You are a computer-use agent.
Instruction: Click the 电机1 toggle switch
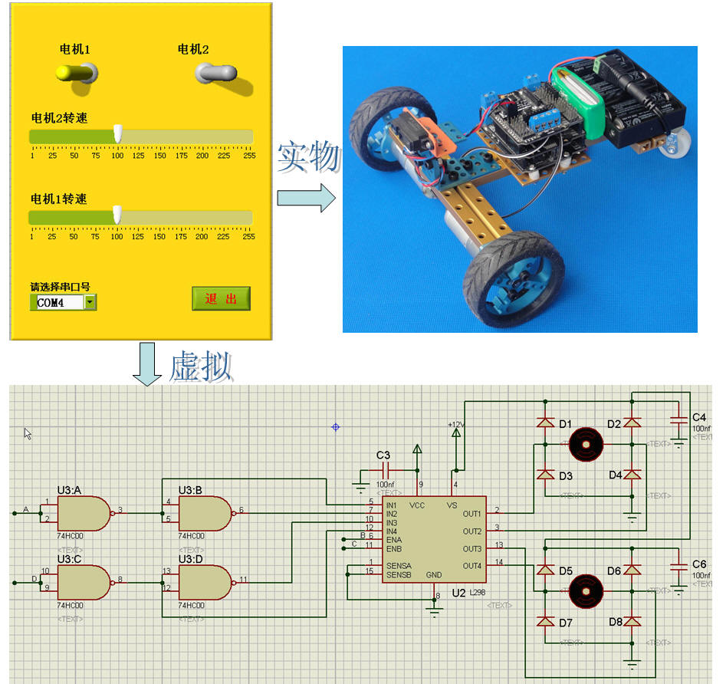coord(74,73)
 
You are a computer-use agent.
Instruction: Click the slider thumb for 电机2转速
coord(118,133)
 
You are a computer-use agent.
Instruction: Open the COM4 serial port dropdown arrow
coord(90,302)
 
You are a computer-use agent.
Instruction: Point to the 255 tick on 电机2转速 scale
coord(248,155)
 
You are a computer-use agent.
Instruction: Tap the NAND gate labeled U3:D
coord(204,582)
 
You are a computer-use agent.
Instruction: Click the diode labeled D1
coord(545,423)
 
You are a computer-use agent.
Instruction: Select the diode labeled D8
coord(632,620)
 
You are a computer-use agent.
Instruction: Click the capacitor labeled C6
coord(678,567)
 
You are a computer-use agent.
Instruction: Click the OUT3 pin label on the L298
coord(471,549)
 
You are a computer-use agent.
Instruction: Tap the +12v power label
coord(457,423)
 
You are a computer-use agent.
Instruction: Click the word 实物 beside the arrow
coord(308,157)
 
